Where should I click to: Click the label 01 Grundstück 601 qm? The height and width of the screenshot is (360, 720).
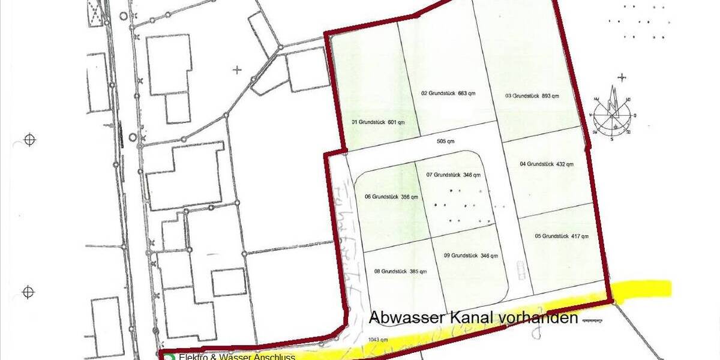point(378,122)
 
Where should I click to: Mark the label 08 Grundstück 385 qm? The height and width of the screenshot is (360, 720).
point(400,271)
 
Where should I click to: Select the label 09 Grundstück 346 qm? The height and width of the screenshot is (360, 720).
point(471,256)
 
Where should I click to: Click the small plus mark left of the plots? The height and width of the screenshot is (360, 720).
point(238,70)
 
